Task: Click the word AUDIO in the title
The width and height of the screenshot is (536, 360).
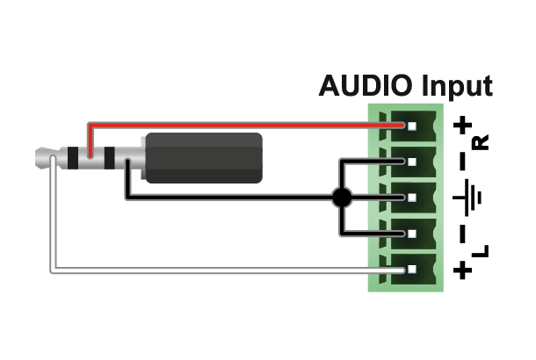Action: (365, 85)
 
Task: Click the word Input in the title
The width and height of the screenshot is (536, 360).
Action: (457, 87)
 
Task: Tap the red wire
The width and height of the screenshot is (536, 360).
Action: (239, 126)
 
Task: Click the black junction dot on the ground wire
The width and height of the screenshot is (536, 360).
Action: (342, 198)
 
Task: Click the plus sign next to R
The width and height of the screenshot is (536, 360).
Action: (462, 126)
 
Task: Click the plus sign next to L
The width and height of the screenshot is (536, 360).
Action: (462, 270)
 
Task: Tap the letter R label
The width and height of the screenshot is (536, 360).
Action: (481, 142)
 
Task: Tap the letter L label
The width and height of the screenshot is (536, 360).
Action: (481, 251)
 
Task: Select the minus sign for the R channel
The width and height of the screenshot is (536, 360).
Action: (463, 162)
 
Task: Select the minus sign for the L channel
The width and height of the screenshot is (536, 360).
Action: (463, 234)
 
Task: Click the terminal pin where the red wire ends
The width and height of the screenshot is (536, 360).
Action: (412, 126)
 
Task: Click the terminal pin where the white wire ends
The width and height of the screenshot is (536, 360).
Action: (412, 270)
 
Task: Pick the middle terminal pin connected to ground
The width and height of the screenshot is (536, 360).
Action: (412, 198)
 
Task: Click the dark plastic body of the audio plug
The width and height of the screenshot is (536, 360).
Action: (204, 158)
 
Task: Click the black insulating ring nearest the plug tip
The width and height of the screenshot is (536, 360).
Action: (73, 158)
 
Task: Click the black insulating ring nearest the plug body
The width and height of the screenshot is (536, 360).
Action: (109, 158)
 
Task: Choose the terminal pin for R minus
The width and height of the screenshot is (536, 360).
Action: (412, 162)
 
